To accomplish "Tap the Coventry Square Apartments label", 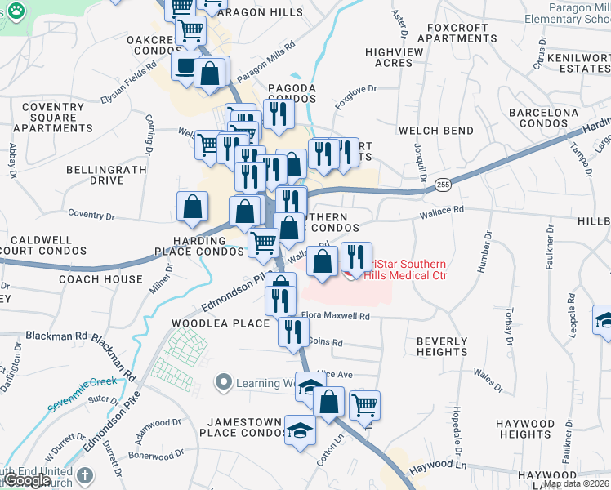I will pos(58,118).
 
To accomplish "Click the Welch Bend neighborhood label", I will pos(436,131).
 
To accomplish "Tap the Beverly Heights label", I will pos(442,346).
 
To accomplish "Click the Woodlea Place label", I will pos(221,323).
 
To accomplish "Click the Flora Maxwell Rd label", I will pos(336,315).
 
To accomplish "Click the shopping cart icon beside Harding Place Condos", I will pos(263,242).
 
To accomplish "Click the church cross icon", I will pos(85,474).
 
